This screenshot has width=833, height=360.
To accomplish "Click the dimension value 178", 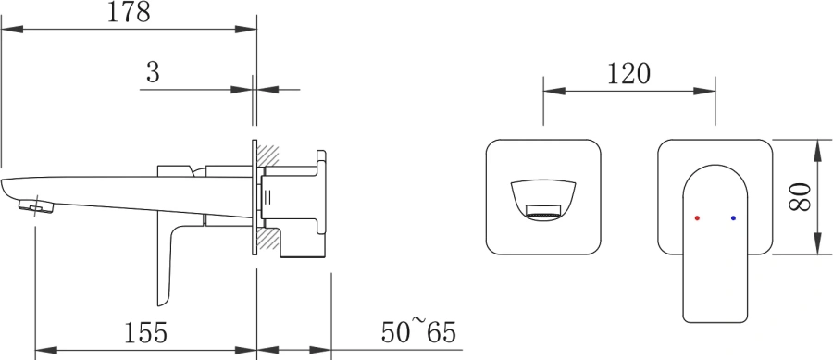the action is [129, 12].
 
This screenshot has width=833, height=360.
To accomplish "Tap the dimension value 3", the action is [153, 72].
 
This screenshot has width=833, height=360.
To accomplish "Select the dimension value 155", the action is [145, 333].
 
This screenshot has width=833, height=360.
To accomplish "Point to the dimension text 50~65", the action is [418, 331].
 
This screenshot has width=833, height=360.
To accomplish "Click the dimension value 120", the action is [628, 74].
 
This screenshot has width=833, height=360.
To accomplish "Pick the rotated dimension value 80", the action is [800, 197].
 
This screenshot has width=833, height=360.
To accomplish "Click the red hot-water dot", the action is [697, 218].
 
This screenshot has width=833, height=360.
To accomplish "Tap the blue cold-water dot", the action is [734, 217].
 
